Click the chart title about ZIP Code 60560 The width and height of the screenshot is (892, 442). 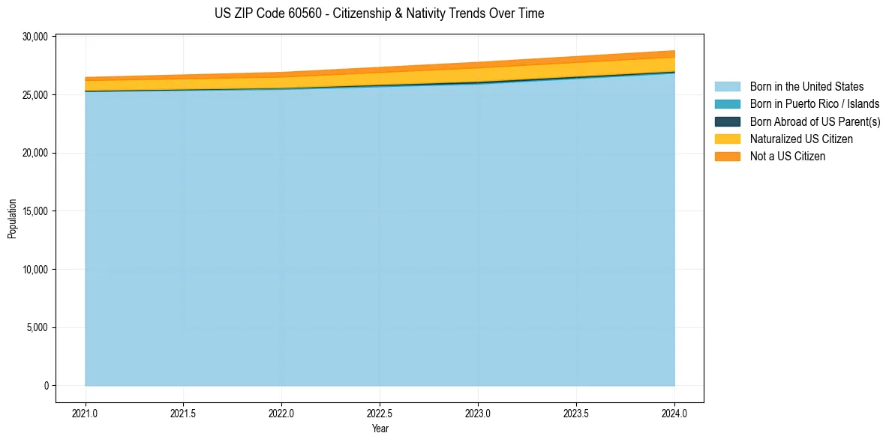pos(379,13)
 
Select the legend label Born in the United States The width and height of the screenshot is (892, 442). pos(806,87)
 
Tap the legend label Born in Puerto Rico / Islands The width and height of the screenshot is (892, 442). pos(815,104)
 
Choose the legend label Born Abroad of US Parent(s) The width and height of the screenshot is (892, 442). pos(815,121)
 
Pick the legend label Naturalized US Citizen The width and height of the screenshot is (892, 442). pos(801,139)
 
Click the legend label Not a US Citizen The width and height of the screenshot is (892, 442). pos(788,156)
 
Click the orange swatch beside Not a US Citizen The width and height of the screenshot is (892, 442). pos(727,156)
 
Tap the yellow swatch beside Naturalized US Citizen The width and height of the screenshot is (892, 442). pos(727,139)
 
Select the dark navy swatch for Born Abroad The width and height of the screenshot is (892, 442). pos(727,121)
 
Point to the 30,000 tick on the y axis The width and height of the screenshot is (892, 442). pos(35,37)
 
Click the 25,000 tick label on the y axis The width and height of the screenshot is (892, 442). pos(35,95)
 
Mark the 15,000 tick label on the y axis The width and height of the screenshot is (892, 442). pos(35,211)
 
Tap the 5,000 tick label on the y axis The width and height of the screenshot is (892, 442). pos(37,327)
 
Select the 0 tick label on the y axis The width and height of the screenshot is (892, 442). pos(46,386)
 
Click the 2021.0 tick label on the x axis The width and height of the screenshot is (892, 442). pos(85,413)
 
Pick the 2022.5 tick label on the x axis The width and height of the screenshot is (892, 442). pos(380,413)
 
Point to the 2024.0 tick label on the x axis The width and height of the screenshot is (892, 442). pos(674,413)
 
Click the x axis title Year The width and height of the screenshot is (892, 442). pos(380,429)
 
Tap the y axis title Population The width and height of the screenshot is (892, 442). pos(12,218)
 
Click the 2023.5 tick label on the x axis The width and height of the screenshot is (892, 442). pos(576,413)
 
